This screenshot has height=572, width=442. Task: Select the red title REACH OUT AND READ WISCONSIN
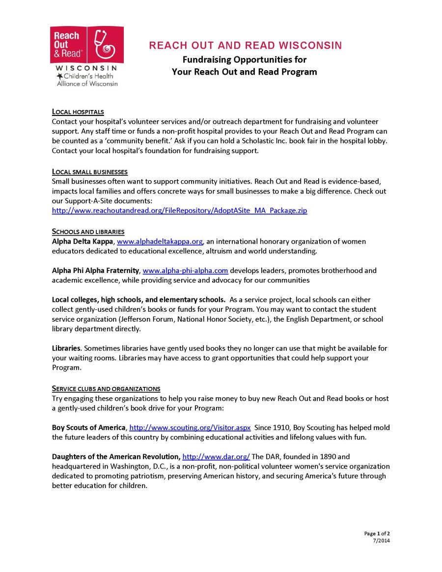[x=245, y=46]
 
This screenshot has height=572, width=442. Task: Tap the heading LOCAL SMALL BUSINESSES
[x=89, y=172]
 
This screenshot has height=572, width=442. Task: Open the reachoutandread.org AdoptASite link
[x=179, y=211]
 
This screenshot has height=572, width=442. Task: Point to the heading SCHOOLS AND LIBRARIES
[x=88, y=232]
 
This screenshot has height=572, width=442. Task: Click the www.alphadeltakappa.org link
[x=160, y=242]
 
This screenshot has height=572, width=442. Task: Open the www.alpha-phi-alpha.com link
[x=185, y=271]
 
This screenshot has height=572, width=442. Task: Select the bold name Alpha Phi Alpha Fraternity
[x=96, y=271]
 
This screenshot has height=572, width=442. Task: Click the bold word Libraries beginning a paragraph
[x=66, y=348]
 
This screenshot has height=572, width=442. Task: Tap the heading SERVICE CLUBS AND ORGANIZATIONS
[x=106, y=389]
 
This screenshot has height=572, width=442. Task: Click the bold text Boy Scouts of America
[x=89, y=428]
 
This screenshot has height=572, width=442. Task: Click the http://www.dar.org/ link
[x=216, y=457]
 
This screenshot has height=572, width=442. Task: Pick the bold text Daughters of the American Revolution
[x=116, y=457]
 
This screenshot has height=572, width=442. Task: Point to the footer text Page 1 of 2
[x=377, y=533]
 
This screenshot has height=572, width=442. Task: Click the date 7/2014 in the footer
[x=382, y=541]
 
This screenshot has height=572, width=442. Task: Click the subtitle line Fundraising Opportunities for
[x=244, y=59]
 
